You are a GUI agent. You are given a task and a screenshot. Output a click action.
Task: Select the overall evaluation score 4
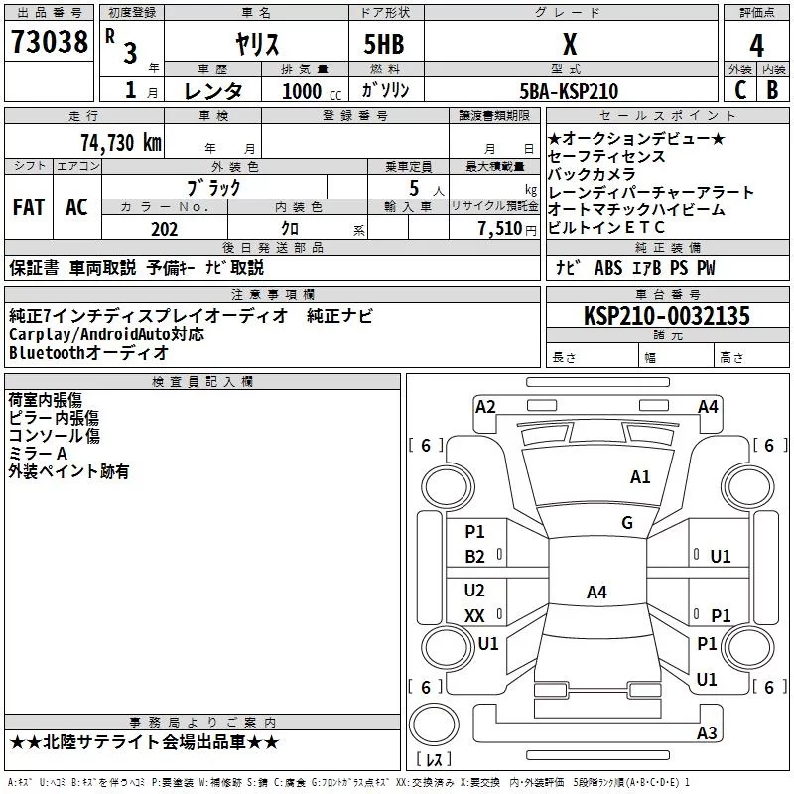(757, 46)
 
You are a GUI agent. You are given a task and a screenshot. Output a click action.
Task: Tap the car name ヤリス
(256, 45)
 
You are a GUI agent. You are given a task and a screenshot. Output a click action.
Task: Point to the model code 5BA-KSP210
(569, 91)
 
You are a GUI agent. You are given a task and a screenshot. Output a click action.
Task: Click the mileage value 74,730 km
(120, 142)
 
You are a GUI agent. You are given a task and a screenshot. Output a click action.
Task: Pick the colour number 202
(164, 229)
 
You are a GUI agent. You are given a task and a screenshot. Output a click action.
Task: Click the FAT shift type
(28, 207)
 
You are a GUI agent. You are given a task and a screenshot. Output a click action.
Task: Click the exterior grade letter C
(739, 90)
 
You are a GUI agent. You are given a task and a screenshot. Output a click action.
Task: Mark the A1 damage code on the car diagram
(640, 477)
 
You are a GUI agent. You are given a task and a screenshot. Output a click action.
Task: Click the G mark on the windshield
(627, 523)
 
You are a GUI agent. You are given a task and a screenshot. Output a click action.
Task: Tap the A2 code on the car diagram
(485, 406)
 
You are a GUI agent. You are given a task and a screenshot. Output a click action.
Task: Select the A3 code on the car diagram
(707, 733)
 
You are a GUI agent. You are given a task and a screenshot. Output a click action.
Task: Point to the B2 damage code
(475, 557)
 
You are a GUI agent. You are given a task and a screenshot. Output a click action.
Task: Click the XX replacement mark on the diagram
(475, 615)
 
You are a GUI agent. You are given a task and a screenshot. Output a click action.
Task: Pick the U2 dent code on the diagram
(475, 591)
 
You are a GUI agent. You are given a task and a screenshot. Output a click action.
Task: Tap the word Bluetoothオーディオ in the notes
(89, 353)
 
